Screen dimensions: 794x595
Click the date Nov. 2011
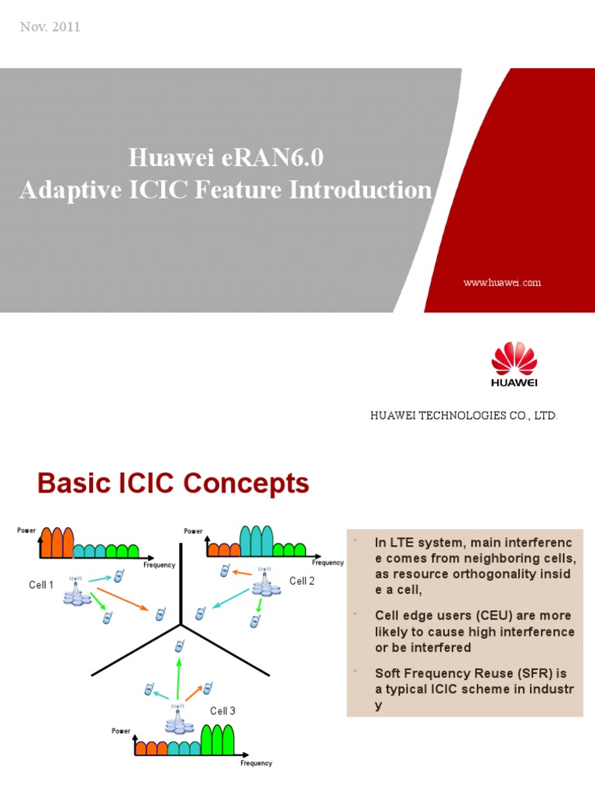tap(49, 27)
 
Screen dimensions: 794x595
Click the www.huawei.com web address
tap(502, 282)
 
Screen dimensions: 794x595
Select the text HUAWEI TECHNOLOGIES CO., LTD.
tap(464, 416)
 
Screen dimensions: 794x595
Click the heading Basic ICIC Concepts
tap(174, 484)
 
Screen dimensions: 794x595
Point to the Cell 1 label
tap(41, 585)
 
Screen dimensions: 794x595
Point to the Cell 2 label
tap(302, 581)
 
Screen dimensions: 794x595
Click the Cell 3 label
tap(222, 711)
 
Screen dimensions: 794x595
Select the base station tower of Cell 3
tap(177, 720)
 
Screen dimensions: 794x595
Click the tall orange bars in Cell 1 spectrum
tap(57, 542)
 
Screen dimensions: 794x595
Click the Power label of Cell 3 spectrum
tap(121, 730)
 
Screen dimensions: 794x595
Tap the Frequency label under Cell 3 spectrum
tap(256, 763)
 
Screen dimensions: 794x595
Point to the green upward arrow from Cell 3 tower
tap(177, 675)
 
